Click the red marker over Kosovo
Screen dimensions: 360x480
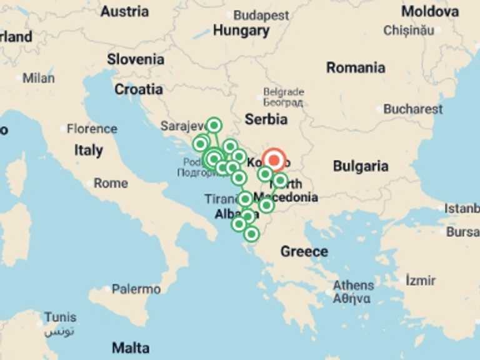(274, 160)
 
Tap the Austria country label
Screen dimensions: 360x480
(124, 11)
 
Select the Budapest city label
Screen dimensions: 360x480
(261, 15)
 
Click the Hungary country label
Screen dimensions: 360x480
(241, 31)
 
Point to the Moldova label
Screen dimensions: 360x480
(429, 11)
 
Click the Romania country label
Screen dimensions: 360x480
(356, 67)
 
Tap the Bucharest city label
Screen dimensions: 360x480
(412, 109)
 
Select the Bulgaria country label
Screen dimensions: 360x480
(361, 166)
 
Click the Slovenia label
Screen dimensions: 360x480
(136, 59)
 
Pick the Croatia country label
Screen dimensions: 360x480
(138, 89)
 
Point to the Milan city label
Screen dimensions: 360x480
(39, 78)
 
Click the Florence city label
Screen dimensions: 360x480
(92, 129)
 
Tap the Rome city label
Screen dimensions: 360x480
(111, 183)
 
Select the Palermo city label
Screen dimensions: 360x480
(136, 289)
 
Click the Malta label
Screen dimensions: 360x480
(131, 347)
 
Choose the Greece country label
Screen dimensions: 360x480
(304, 251)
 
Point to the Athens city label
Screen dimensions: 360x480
(353, 286)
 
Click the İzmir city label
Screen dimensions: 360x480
(420, 281)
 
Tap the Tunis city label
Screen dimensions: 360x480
(60, 317)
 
